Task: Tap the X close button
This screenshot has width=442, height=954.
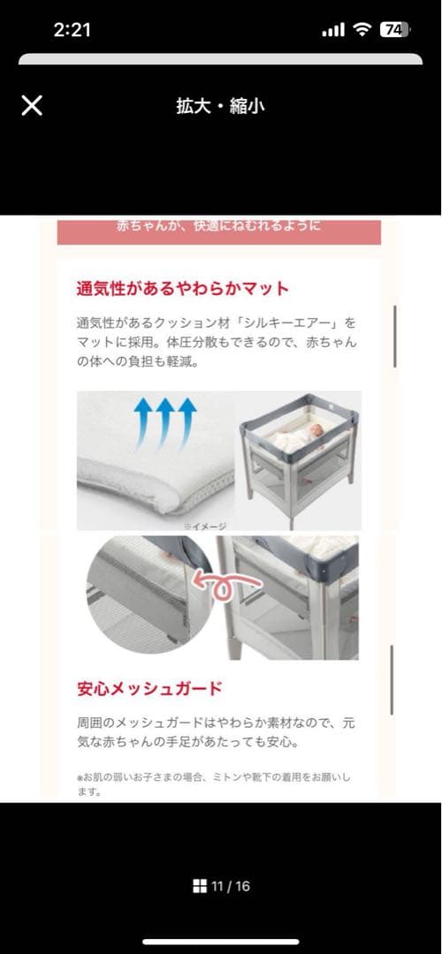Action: (x=32, y=106)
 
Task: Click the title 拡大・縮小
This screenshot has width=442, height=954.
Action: (x=220, y=107)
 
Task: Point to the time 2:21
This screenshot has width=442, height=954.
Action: (x=72, y=29)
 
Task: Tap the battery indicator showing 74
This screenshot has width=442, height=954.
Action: (x=393, y=29)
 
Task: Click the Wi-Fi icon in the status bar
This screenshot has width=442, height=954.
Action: (x=362, y=29)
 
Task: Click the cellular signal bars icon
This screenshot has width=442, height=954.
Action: (x=333, y=30)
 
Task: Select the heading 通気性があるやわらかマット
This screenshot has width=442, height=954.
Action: (x=183, y=288)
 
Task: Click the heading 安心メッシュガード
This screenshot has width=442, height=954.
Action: (x=149, y=687)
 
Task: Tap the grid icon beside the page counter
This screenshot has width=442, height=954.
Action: (x=200, y=886)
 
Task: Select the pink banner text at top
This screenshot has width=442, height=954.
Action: (x=219, y=226)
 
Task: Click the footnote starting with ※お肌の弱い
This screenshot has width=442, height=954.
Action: (x=213, y=784)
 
